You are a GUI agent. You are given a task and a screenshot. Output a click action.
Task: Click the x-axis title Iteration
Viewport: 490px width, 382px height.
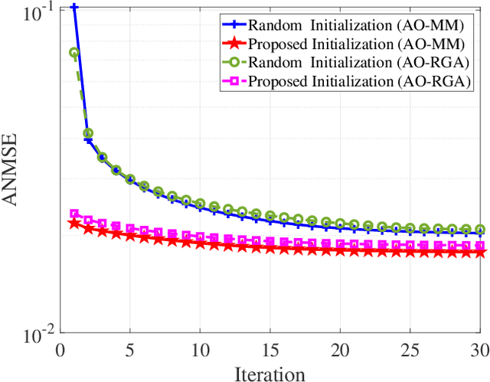pyautogui.click(x=269, y=374)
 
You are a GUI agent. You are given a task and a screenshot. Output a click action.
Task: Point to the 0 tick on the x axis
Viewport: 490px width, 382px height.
pyautogui.click(x=60, y=351)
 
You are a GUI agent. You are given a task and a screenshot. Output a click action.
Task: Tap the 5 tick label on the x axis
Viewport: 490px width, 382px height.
pyautogui.click(x=130, y=351)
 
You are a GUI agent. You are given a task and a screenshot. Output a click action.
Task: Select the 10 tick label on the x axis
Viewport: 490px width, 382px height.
pyautogui.click(x=200, y=351)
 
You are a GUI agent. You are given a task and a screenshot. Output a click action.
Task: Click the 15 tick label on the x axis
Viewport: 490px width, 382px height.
pyautogui.click(x=269, y=351)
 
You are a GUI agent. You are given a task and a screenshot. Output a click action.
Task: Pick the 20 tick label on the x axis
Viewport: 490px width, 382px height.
pyautogui.click(x=339, y=351)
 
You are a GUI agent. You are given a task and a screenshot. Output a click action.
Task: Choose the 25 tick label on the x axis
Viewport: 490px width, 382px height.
pyautogui.click(x=410, y=351)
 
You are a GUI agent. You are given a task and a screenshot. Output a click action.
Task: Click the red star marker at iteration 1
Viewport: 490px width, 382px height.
pyautogui.click(x=74, y=224)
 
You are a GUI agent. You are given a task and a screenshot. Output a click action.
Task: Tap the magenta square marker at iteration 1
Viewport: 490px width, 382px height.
pyautogui.click(x=74, y=214)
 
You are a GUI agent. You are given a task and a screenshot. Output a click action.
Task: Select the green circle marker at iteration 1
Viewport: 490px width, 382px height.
pyautogui.click(x=74, y=53)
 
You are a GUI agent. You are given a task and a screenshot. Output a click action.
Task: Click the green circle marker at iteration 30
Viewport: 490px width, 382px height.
pyautogui.click(x=479, y=229)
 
